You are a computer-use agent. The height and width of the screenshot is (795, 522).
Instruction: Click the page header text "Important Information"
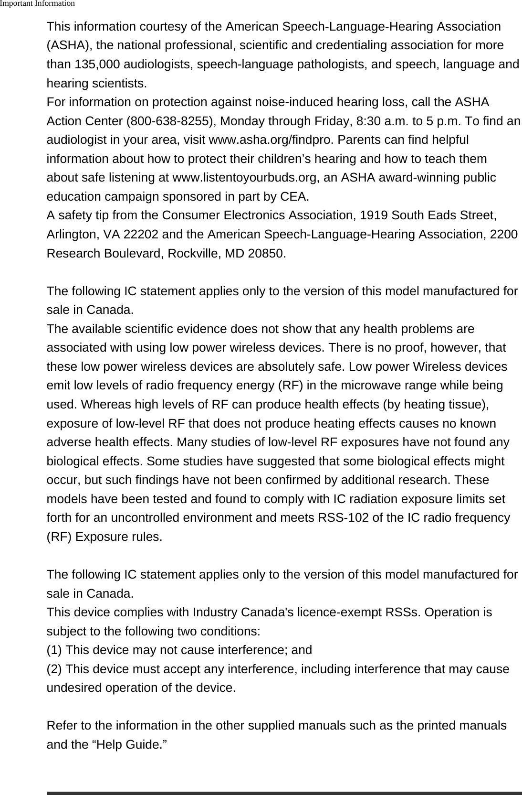point(38,4)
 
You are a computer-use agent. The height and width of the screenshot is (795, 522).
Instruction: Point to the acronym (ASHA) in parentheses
point(70,46)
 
